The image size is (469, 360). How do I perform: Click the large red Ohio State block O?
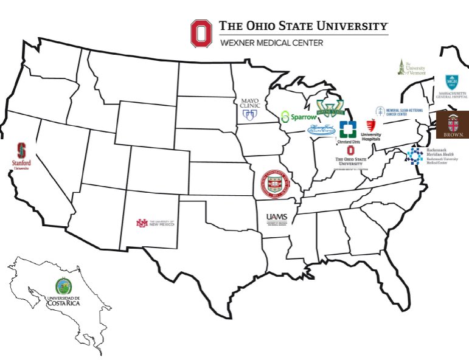coord(201,33)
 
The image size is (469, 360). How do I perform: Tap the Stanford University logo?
coord(22,156)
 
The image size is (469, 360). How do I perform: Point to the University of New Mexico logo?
coord(155,223)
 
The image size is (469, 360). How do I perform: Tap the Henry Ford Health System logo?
coord(321,129)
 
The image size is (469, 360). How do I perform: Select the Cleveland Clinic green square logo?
coord(347,129)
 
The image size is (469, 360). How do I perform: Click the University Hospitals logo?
coord(370,130)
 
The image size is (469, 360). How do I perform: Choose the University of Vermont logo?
coord(411,67)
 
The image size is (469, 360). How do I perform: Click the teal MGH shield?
coord(452,82)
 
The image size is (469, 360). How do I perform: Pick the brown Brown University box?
coord(452,124)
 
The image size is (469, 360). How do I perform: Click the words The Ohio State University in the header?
coord(303,26)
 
